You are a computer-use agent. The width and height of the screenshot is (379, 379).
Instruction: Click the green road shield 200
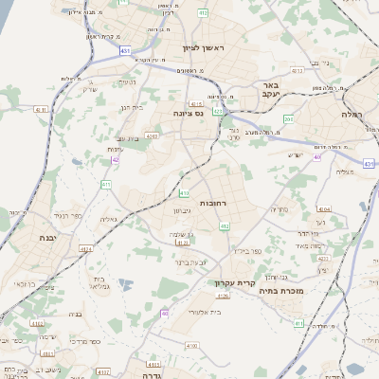tap(288, 118)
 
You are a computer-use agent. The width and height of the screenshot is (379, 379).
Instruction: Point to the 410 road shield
tap(183, 193)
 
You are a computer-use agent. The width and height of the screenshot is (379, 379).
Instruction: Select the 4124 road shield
tap(87, 249)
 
